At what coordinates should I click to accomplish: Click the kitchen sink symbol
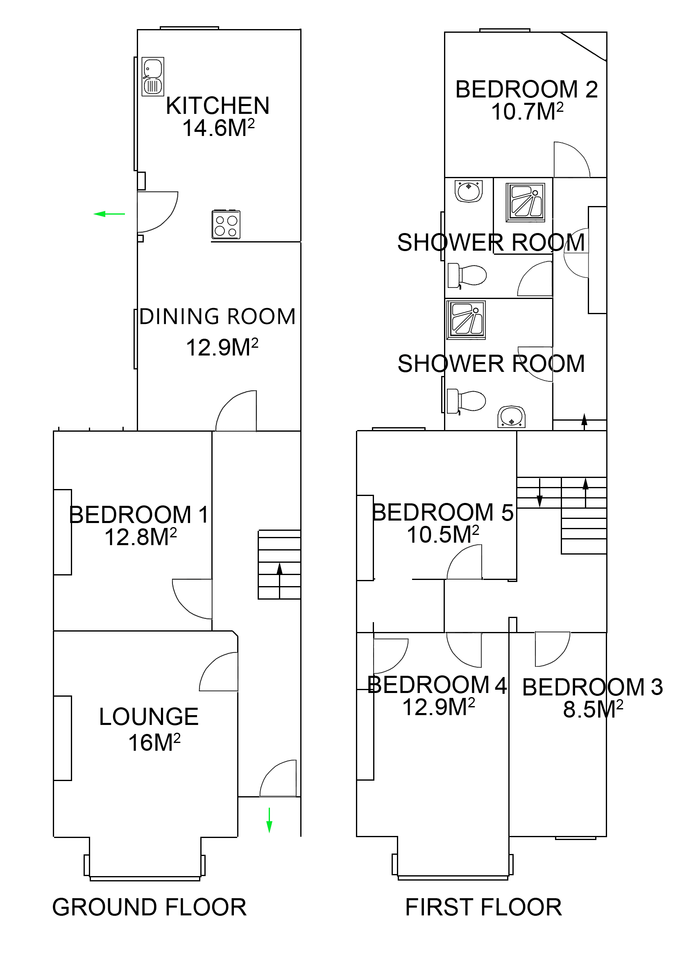152,77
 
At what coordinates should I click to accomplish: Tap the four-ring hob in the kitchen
226,224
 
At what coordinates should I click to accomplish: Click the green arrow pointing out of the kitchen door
109,214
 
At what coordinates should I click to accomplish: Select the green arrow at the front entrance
269,820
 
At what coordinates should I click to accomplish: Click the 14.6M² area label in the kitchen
218,128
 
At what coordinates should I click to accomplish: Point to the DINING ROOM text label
218,316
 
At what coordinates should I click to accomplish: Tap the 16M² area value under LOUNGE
154,743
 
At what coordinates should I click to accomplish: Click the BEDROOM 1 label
138,514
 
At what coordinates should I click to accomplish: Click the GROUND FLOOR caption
149,907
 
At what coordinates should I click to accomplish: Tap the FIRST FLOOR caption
483,907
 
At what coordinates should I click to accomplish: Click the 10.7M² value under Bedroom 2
526,112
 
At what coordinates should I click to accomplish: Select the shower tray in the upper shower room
525,202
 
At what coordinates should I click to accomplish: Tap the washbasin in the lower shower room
511,417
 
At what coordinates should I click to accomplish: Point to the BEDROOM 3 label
592,687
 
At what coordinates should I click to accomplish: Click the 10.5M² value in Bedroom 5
442,534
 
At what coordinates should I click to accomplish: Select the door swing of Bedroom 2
571,160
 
